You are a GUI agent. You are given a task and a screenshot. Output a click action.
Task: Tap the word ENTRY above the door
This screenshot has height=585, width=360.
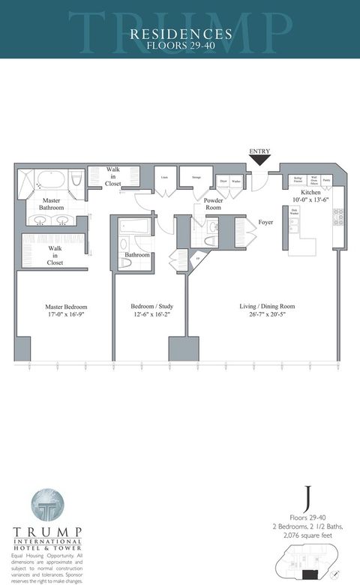coord(259,151)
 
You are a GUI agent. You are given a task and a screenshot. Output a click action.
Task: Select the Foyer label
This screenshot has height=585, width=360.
coord(266,222)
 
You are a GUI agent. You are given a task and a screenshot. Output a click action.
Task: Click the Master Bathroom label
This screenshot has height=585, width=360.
coord(52,203)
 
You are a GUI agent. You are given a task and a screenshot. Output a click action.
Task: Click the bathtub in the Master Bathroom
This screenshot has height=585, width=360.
coord(50,181)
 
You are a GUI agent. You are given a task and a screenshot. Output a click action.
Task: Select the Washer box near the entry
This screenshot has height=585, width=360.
coord(236,181)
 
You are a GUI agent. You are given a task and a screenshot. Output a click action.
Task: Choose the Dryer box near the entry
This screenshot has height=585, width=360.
coord(223,181)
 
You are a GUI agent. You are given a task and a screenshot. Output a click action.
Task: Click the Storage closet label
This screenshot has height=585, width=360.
coord(196,178)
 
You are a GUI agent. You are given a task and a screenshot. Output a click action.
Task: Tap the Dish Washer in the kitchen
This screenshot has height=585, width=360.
coord(295,212)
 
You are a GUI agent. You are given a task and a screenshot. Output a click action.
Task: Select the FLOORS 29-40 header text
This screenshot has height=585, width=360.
coord(180,44)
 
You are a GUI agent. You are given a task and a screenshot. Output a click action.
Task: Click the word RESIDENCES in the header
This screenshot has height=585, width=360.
coord(180,34)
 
